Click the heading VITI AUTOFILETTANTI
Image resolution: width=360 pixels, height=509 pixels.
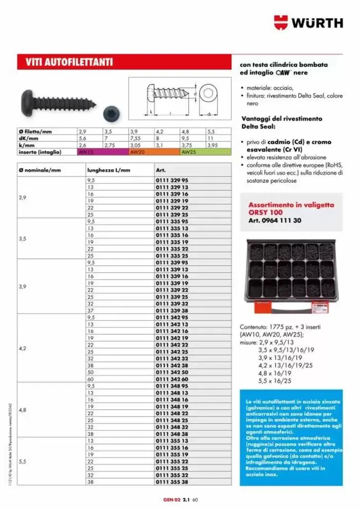69,62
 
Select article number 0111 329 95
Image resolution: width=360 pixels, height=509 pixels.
172,181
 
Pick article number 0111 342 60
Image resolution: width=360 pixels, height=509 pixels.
172,379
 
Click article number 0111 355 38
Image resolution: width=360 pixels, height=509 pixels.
172,481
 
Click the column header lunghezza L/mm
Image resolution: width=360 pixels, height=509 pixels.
105,170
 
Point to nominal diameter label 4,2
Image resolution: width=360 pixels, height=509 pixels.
22,348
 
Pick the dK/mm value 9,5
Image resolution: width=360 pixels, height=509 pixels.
186,139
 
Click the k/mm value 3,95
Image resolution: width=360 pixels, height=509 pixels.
211,146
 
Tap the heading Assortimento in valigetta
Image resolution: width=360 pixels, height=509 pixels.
291,205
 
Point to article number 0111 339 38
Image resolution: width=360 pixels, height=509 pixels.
172,311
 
